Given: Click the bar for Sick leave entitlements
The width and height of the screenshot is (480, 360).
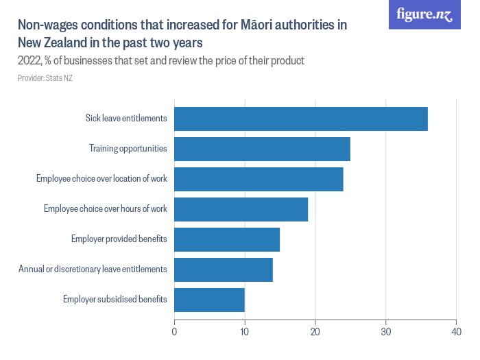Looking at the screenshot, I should [301, 119].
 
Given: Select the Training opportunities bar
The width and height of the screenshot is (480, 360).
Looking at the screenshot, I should [262, 149].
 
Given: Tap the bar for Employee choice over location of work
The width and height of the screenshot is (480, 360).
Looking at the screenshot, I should [259, 179].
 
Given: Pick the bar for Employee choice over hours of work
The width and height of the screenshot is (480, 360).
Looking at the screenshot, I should [241, 209].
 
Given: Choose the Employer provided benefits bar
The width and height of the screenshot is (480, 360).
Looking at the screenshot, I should [227, 239].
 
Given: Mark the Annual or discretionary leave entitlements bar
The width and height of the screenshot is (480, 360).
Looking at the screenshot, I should [224, 269].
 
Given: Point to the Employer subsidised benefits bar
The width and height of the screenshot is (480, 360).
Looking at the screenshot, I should [209, 300].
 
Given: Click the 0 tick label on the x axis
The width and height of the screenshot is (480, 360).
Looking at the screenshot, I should [174, 332].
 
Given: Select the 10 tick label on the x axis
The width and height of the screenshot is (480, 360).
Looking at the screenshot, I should [245, 332].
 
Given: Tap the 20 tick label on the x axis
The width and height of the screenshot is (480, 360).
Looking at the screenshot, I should [315, 332].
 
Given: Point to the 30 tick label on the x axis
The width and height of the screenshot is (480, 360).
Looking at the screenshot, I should [386, 332].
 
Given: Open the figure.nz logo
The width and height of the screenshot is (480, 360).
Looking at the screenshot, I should [424, 14].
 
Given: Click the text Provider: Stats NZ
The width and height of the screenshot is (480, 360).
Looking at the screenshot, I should [45, 78].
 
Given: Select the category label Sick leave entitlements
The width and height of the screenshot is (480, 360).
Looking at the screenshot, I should [126, 119].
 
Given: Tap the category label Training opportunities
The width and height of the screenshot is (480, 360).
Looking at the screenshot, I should [128, 149].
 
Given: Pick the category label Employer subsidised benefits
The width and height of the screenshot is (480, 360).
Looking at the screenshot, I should [115, 300].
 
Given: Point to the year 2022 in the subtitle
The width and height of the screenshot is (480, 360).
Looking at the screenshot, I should [29, 61].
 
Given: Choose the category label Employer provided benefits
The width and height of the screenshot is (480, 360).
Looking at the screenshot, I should [119, 239].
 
